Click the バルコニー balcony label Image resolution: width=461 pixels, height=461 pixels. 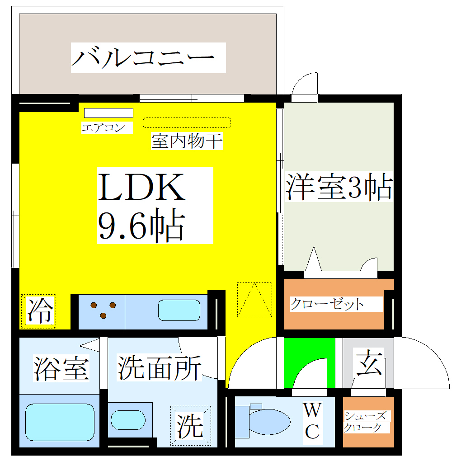tap(143, 58)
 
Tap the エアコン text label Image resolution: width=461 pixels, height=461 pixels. tap(103, 127)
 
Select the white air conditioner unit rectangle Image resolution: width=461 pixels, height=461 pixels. tap(108, 113)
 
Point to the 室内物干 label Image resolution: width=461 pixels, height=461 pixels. tap(187, 141)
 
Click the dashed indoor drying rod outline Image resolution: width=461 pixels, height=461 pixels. tap(187, 122)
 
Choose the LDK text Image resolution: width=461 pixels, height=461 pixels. tap(141, 187)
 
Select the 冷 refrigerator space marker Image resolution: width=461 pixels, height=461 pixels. tap(39, 311)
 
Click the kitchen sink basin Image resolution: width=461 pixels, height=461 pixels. tap(179, 310)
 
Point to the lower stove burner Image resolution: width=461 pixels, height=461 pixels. tap(103, 315)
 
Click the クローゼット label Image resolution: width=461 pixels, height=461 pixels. tap(327, 304)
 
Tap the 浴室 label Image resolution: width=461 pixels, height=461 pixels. tap(61, 369)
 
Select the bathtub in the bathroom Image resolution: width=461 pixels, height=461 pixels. tap(60, 422)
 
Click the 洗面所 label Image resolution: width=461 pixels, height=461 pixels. tap(159, 367)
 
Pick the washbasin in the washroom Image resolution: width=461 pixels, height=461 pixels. tap(128, 420)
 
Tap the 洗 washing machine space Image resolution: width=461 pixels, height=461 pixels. tap(191, 426)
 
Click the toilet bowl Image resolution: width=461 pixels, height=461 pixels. tap(269, 422)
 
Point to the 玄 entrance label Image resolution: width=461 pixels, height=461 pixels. tap(369, 363)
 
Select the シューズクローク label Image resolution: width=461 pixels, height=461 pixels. tap(365, 422)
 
